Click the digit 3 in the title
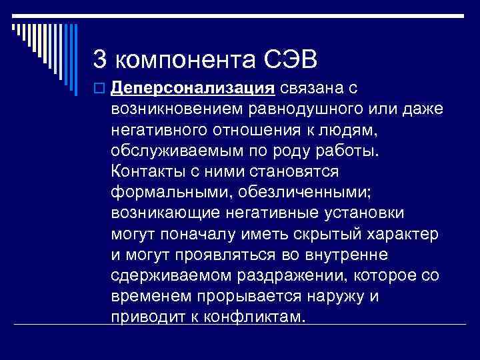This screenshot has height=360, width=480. point(100,60)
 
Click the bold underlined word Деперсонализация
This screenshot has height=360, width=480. point(193,87)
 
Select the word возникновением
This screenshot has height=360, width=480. point(181,107)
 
